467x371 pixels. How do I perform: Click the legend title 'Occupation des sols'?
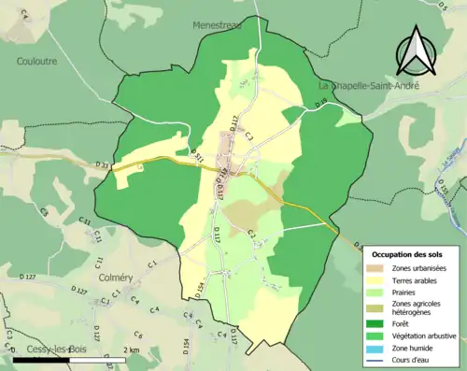click(408, 254)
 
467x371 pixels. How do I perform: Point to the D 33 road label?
click(102, 165)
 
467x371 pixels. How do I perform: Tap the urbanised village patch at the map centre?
click(227, 145)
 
